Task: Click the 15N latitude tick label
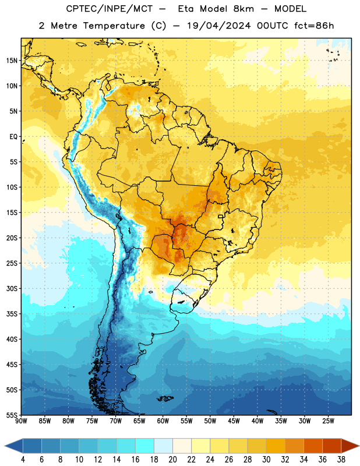(x=12, y=61)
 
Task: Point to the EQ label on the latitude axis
(x=13, y=137)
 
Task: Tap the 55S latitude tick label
(x=12, y=415)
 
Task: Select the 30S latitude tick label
(x=12, y=288)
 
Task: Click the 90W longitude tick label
(x=22, y=421)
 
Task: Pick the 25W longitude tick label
(x=328, y=421)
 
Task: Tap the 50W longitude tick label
(x=210, y=421)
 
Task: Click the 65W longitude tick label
(x=139, y=421)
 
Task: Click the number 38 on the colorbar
(x=341, y=460)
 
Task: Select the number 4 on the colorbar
(x=23, y=460)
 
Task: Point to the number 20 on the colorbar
(x=172, y=460)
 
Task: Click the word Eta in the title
(x=186, y=9)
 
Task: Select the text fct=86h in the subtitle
(x=314, y=26)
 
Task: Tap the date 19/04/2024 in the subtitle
(x=219, y=26)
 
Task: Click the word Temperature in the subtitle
(x=114, y=26)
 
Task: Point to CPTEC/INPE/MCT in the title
(x=109, y=9)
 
